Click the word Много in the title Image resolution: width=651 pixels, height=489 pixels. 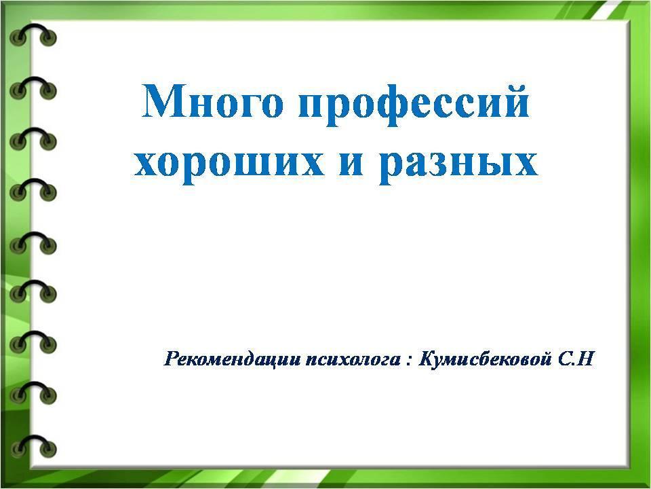coord(212,101)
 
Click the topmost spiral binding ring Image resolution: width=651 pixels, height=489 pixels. coord(33,35)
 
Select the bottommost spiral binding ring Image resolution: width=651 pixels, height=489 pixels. coord(33,446)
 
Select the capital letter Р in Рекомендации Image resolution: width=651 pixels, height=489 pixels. coord(172,359)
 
